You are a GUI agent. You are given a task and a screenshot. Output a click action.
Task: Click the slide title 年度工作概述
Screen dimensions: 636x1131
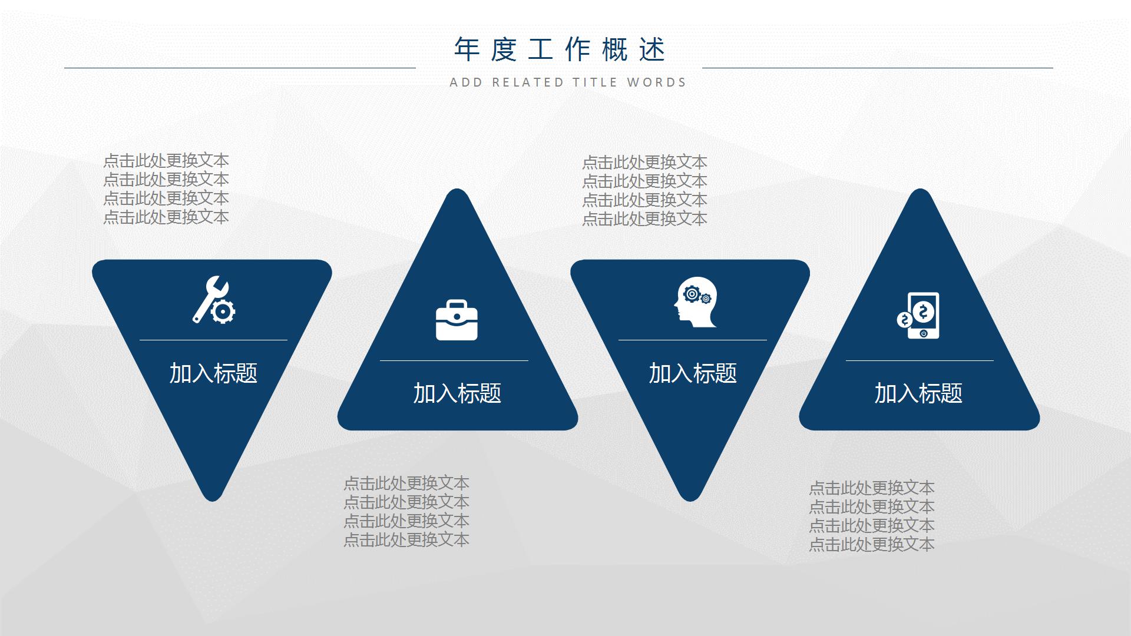(560, 49)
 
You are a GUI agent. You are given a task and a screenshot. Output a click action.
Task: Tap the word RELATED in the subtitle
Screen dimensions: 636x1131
(528, 82)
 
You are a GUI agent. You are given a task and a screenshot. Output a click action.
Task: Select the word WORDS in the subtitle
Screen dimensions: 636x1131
(656, 82)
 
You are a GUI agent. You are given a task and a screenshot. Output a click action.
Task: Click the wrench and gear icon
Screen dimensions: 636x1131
(213, 300)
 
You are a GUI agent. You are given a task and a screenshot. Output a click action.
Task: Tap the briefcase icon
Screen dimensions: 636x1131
(457, 320)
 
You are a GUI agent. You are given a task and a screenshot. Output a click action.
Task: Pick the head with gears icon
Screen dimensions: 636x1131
(696, 302)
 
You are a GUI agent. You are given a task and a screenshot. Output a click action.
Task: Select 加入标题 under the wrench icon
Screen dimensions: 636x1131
(213, 373)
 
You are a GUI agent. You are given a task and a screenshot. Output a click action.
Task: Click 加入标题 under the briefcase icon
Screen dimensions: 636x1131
(457, 393)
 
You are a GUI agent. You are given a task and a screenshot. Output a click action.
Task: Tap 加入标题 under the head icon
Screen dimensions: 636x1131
(693, 373)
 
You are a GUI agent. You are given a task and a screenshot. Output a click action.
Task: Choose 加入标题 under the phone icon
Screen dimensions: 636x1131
(918, 393)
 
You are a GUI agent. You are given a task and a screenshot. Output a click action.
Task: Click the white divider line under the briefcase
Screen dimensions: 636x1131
(454, 360)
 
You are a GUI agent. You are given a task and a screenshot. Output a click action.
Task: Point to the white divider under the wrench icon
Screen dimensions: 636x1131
(213, 340)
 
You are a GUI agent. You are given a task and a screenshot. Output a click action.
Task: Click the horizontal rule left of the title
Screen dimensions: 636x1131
(240, 68)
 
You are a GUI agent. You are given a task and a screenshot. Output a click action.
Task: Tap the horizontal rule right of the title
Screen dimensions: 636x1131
(877, 68)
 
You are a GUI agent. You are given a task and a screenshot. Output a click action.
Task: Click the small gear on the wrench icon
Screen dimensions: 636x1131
(223, 311)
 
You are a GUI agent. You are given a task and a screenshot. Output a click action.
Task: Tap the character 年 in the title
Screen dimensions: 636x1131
(467, 49)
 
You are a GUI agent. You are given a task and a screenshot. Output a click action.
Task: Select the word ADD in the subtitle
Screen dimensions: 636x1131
(466, 82)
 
